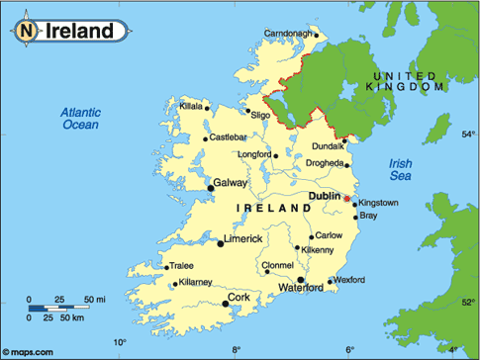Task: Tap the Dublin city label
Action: pyautogui.click(x=324, y=196)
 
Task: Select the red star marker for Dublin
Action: pyautogui.click(x=346, y=199)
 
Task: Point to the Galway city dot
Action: pyautogui.click(x=209, y=185)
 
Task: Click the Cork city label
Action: pyautogui.click(x=238, y=296)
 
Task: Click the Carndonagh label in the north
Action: pyautogui.click(x=289, y=35)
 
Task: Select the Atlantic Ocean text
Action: pyautogui.click(x=81, y=119)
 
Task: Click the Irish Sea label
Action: pyautogui.click(x=401, y=170)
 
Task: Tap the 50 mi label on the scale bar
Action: pyautogui.click(x=95, y=299)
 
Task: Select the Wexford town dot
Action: pyautogui.click(x=330, y=281)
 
